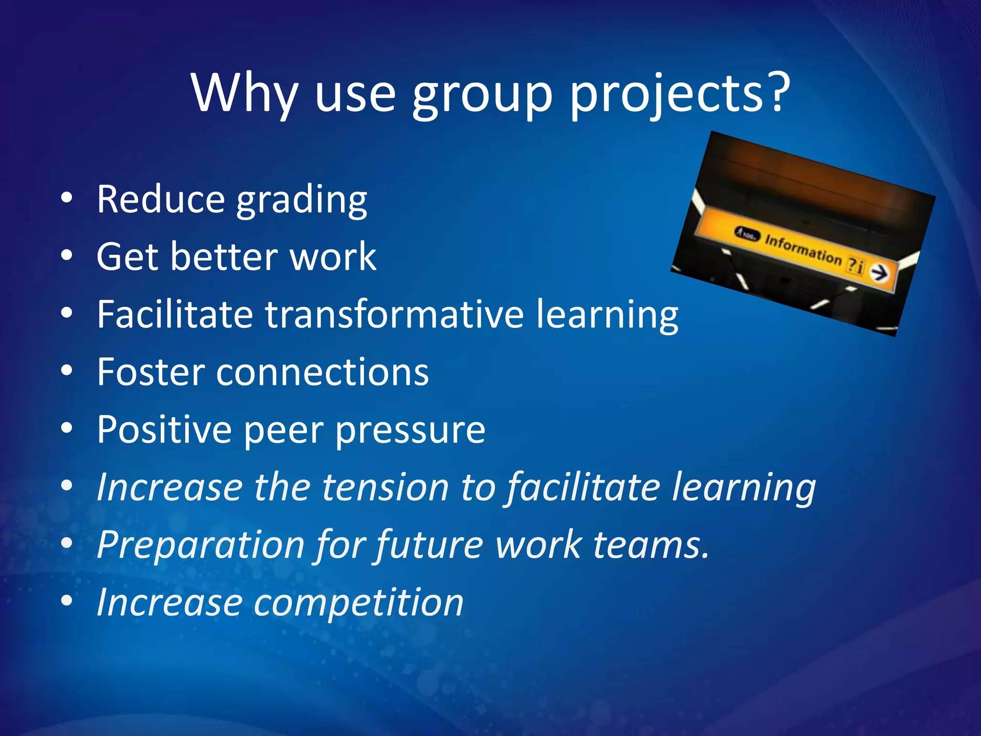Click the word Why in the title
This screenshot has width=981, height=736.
click(244, 93)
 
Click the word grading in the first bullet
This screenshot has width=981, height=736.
click(302, 200)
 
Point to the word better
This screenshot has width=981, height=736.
click(225, 257)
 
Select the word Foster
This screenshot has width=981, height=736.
click(150, 372)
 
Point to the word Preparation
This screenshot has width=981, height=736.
click(201, 545)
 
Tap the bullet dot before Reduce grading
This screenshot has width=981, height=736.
click(67, 197)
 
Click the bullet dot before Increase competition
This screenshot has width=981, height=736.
click(67, 600)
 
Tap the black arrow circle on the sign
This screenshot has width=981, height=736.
click(879, 273)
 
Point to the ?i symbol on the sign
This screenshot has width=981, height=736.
click(856, 265)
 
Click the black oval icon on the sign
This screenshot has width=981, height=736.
click(748, 234)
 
